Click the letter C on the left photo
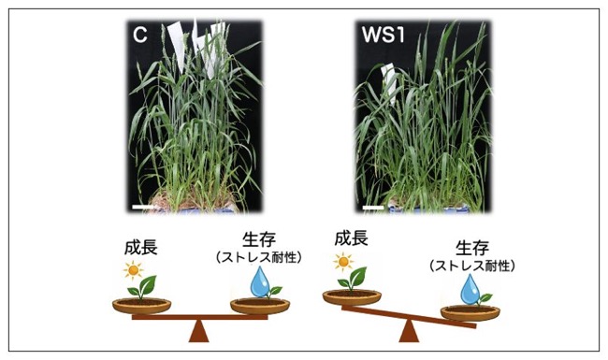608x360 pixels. (140, 35)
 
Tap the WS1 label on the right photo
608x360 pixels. (384, 35)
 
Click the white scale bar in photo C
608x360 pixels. (143, 208)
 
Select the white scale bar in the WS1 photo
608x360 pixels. (373, 208)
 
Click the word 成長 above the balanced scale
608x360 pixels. (140, 248)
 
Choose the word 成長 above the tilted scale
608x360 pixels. (352, 238)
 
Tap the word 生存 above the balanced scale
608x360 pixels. (258, 239)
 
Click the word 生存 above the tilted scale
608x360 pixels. (472, 248)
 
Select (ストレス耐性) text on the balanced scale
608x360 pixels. (258, 257)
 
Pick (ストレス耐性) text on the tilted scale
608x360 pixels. (472, 266)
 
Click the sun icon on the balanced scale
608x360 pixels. (134, 270)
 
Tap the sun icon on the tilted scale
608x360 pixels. (343, 262)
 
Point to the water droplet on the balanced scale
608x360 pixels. (260, 281)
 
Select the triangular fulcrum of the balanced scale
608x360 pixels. (199, 331)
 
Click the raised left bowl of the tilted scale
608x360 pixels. (352, 297)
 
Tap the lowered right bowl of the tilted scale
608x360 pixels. (470, 313)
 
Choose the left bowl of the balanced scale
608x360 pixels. (141, 306)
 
